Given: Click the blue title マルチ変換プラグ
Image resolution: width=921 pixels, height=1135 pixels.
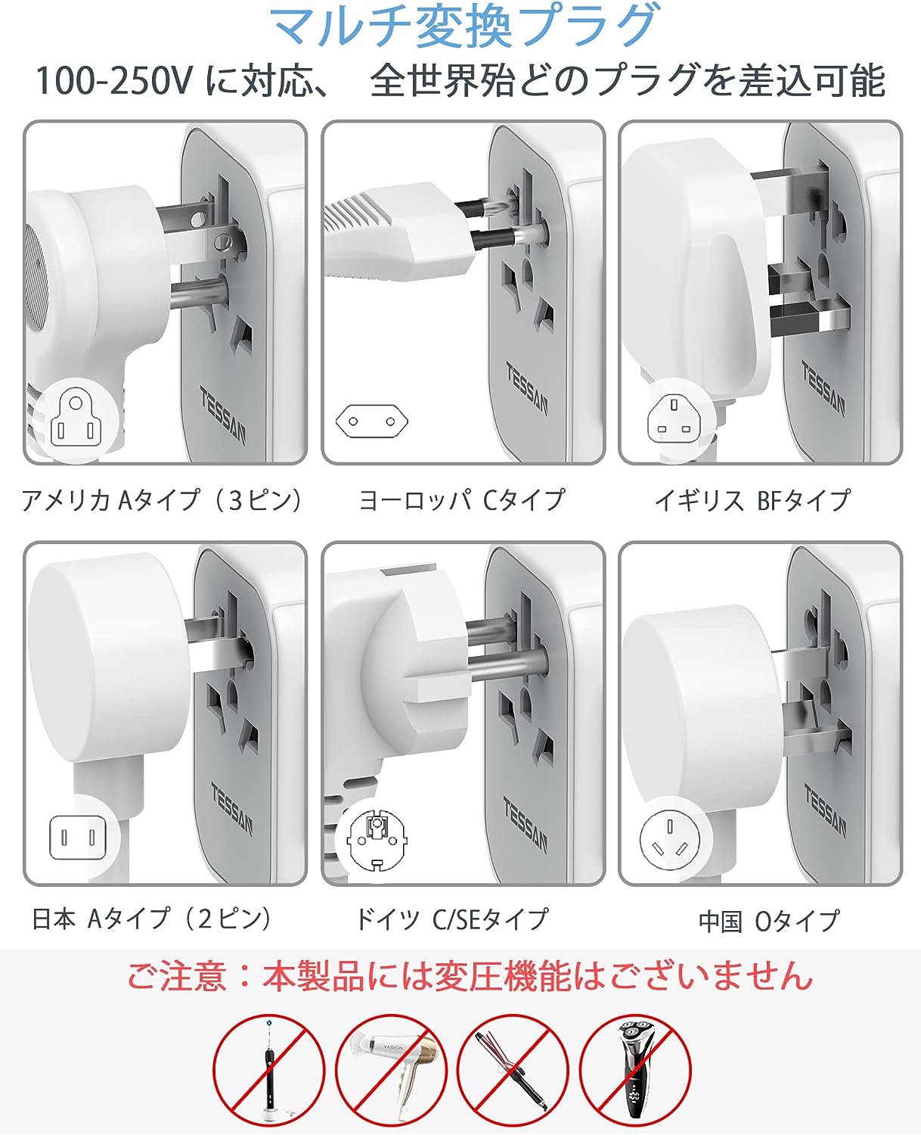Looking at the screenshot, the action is pyautogui.click(x=464, y=26).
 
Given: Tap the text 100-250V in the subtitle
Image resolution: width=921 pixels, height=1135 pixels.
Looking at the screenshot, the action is pyautogui.click(x=113, y=81).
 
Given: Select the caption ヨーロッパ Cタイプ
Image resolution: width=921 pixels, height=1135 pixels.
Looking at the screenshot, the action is pyautogui.click(x=461, y=500).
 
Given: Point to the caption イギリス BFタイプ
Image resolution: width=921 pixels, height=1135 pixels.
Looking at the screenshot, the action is pyautogui.click(x=753, y=500).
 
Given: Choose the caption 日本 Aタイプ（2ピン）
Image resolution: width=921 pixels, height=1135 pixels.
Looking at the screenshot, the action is pyautogui.click(x=152, y=918).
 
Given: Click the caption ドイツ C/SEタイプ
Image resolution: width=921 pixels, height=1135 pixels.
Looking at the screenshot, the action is pyautogui.click(x=452, y=918).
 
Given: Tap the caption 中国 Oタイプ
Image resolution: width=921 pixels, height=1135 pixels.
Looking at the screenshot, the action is pyautogui.click(x=769, y=920).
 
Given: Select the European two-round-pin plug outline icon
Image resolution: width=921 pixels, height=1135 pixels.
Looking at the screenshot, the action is pyautogui.click(x=371, y=421).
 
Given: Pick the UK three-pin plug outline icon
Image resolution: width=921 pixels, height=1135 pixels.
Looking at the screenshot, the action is pyautogui.click(x=674, y=420).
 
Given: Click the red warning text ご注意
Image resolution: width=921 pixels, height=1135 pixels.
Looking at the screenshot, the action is pyautogui.click(x=176, y=975).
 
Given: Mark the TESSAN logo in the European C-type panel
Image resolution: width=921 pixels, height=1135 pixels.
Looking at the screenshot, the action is pyautogui.click(x=526, y=389).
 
